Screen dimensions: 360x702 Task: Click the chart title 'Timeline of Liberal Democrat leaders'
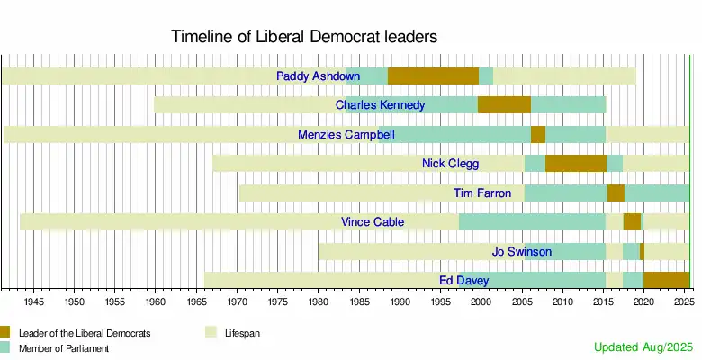point(304,38)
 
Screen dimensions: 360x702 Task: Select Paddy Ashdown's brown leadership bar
point(433,76)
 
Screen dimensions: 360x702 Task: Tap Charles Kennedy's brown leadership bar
point(504,105)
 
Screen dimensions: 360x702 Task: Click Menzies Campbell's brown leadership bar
point(537,135)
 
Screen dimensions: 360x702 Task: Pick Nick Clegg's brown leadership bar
point(575,164)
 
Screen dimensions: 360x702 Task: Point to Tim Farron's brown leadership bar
point(616,193)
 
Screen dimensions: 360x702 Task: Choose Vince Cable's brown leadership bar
point(632,222)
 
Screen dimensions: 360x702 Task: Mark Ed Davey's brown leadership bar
point(666,280)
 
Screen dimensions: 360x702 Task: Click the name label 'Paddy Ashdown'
point(319,76)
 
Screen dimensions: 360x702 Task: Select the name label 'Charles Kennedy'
point(380,105)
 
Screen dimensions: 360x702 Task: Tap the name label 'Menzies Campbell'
point(346,135)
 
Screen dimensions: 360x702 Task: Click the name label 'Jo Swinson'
point(522,251)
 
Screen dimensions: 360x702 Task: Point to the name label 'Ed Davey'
point(463,280)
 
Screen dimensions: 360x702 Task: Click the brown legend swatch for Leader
point(5,332)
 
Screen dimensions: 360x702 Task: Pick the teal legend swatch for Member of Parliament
point(5,347)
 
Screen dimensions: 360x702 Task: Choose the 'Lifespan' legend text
point(242,333)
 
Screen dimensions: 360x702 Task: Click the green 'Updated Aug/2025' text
point(643,346)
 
